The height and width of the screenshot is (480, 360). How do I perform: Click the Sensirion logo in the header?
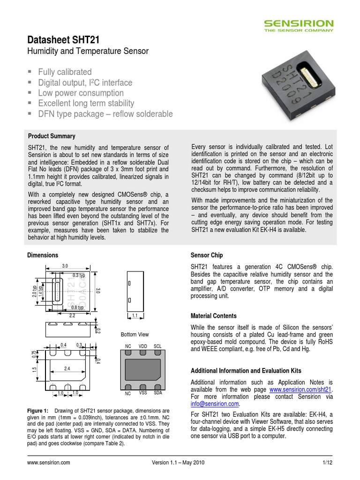point(298,25)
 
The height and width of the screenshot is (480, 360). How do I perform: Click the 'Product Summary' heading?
point(52,136)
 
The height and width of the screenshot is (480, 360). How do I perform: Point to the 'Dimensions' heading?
point(43,255)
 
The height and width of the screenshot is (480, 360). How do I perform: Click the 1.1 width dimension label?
point(135,316)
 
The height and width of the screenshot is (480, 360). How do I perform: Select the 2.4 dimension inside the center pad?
point(67,368)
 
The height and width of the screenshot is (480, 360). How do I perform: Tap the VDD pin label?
point(143,345)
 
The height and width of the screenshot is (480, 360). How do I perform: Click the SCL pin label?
point(158,345)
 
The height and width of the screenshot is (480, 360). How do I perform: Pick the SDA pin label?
point(158,392)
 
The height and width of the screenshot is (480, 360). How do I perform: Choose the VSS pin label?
point(143,392)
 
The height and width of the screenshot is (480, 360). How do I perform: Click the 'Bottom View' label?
point(135,334)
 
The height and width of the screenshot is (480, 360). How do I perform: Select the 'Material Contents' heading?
point(213,316)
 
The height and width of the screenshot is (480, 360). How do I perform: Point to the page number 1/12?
point(327,463)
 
